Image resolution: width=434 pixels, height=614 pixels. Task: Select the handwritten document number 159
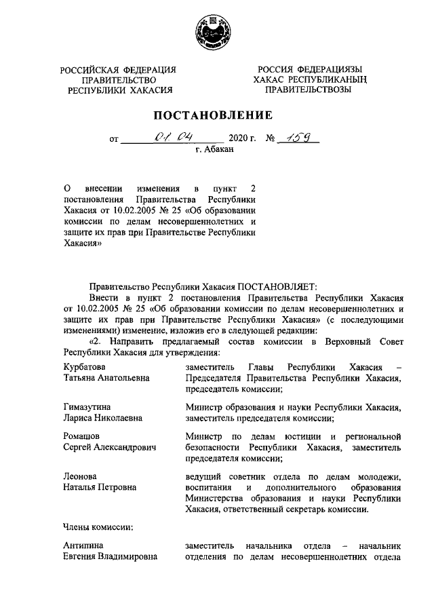pos(297,138)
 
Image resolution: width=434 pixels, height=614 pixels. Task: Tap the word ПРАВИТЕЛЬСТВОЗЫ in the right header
pos(308,90)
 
